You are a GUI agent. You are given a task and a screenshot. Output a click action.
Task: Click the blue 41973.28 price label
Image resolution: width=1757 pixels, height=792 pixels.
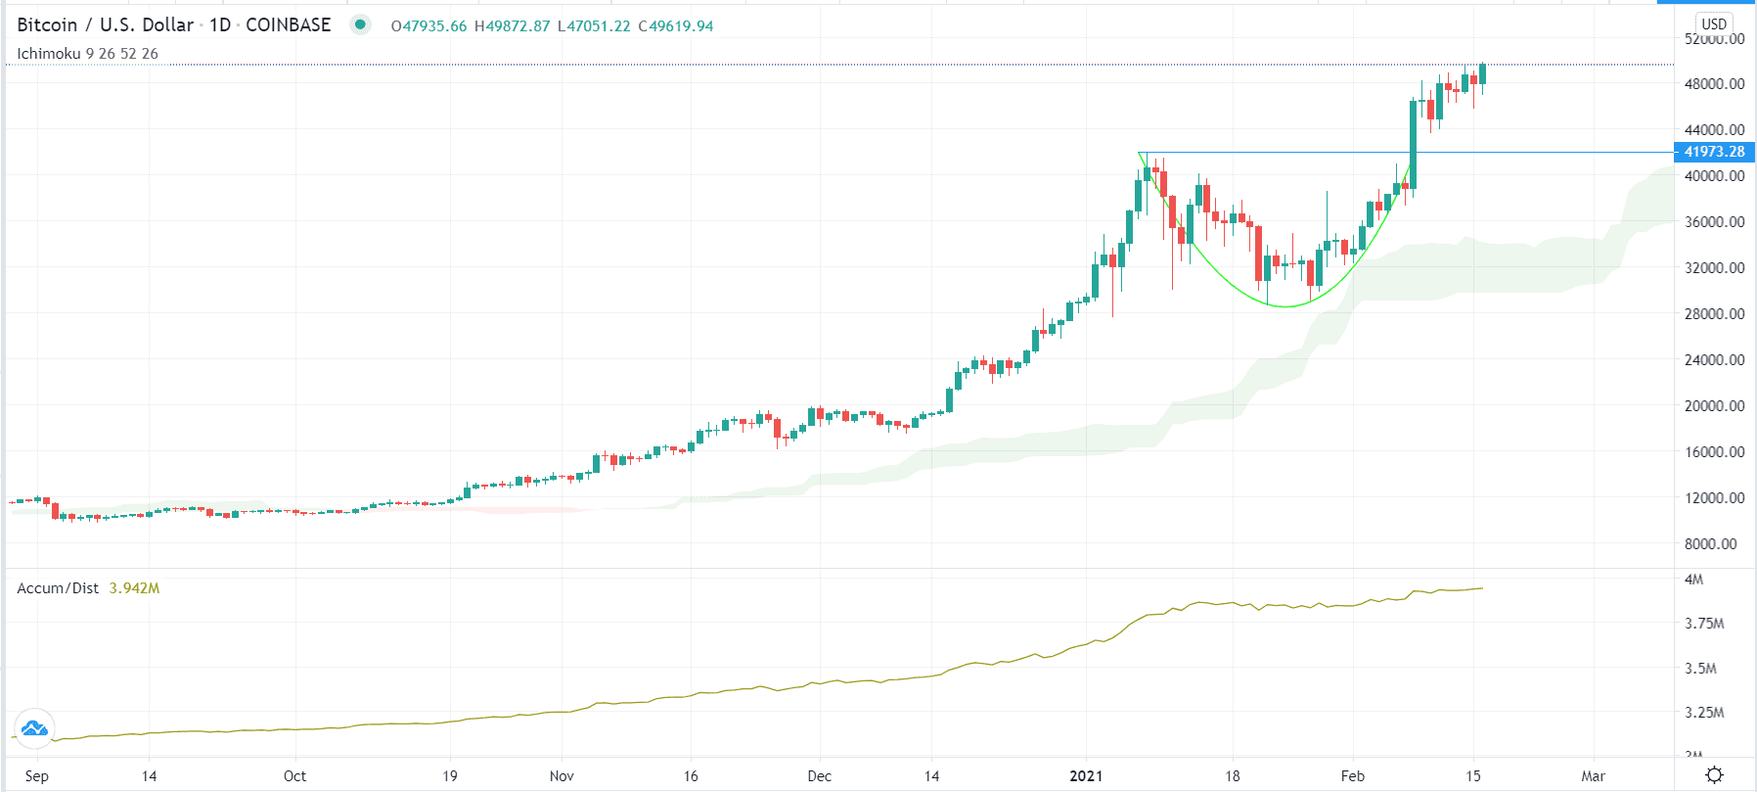[1714, 152]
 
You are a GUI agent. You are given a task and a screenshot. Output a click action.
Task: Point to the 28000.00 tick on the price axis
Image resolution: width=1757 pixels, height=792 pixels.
[1714, 313]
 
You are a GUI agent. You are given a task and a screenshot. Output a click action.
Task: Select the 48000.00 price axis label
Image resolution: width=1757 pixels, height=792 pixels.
[1714, 84]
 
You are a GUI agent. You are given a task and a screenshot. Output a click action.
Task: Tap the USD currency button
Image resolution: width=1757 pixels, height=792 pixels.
[1714, 23]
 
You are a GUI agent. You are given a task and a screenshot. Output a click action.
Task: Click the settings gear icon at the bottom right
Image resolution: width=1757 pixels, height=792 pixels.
[1714, 774]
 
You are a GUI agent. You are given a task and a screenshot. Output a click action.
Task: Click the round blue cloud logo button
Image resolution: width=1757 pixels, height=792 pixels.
[34, 728]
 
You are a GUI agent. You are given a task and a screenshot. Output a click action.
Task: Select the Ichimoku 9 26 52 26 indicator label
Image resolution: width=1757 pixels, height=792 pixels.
[87, 54]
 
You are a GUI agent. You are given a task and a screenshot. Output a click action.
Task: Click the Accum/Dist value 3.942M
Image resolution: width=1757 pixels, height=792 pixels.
[134, 588]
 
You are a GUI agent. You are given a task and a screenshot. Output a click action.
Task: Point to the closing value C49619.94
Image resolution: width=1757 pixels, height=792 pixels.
[676, 26]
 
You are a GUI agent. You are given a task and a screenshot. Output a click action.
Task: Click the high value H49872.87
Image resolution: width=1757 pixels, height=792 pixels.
[512, 26]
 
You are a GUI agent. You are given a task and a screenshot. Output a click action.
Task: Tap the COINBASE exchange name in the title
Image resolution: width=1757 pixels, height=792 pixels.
[288, 25]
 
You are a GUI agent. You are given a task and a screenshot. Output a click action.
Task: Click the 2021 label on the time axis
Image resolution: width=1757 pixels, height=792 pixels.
[1086, 776]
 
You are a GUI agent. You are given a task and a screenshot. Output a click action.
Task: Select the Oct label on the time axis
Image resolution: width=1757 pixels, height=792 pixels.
[294, 776]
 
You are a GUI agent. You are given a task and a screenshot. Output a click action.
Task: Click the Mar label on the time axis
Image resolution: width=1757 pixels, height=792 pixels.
[1593, 776]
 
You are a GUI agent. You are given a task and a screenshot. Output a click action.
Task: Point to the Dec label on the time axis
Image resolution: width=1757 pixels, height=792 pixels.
[819, 776]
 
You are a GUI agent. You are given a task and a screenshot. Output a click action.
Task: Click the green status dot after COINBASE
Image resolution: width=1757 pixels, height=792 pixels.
[360, 24]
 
